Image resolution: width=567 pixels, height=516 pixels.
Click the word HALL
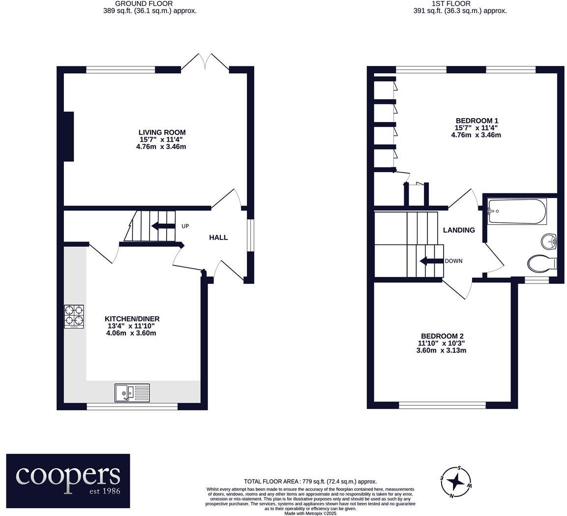218,238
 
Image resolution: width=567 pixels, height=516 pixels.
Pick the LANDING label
458,230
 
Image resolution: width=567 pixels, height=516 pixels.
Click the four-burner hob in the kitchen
74,317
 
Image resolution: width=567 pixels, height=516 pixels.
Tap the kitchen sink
132,393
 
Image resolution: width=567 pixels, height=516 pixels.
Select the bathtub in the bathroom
516,211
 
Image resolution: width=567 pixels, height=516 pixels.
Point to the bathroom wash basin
549,242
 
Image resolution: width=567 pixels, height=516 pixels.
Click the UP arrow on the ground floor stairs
163,226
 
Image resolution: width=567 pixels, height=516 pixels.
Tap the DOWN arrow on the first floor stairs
431,261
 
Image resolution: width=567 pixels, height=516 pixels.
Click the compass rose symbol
456,482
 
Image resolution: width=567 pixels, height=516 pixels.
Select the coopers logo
68,481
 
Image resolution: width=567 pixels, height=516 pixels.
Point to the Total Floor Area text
310,482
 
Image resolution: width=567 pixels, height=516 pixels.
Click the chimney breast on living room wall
68,136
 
